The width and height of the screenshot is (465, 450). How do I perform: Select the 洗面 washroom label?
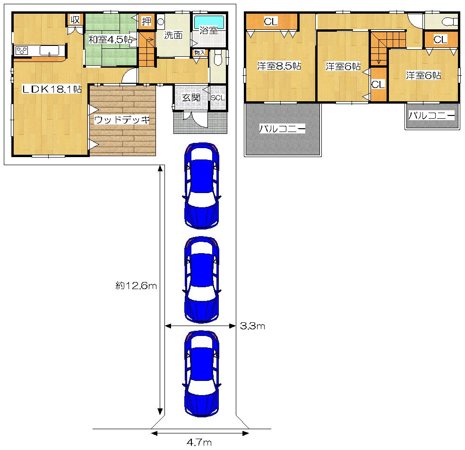pos(173,35)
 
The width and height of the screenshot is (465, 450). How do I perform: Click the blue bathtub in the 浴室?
pos(208,22)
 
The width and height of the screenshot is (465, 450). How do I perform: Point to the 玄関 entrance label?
pos(191,97)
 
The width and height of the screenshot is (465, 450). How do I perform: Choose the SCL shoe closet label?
pos(218,97)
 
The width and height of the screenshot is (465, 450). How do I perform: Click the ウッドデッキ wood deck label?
pos(122,120)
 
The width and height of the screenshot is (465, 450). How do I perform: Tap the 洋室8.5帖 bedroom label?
pos(279,66)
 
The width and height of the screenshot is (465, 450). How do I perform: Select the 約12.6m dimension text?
pos(136,285)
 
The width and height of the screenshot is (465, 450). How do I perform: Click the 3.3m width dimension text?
pos(253,326)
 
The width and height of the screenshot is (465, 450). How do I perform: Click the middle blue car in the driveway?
pos(202,280)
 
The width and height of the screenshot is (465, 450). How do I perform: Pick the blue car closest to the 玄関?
pos(202,186)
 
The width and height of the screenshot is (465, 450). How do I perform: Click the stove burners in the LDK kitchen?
pos(22,51)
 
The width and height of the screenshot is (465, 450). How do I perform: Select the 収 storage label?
pos(75,19)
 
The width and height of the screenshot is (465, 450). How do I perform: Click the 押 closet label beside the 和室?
pos(146,21)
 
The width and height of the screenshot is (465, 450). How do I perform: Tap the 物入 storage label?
pos(199,53)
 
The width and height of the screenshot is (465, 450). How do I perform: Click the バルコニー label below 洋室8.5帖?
pos(283,128)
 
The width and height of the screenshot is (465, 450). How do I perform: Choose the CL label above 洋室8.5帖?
pos(271,21)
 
